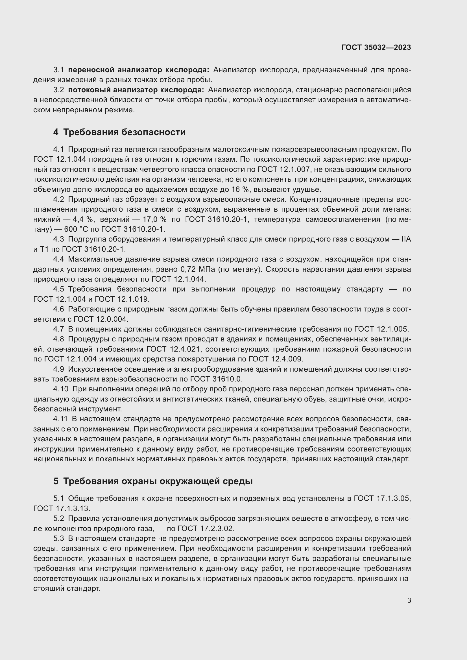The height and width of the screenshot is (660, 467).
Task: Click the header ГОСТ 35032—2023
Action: tap(376, 48)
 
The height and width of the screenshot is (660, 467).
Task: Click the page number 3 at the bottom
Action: tap(409, 600)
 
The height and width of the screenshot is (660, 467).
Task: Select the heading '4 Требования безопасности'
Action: tap(119, 132)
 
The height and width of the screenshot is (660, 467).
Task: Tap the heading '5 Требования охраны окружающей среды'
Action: tap(153, 481)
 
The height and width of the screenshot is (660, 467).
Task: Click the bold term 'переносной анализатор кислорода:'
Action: tap(139, 70)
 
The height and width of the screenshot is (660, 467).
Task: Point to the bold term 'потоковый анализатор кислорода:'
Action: tap(136, 90)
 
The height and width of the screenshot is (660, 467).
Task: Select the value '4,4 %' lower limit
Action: tap(83, 219)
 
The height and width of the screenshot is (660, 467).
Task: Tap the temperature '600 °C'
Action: tap(77, 229)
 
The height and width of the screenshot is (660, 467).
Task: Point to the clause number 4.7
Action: tap(58, 329)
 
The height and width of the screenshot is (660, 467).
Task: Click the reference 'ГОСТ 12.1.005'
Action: tap(381, 329)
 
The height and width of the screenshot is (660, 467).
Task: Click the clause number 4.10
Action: tap(61, 389)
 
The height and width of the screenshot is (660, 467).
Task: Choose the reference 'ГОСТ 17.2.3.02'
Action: tap(206, 529)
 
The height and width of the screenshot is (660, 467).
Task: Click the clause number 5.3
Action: tap(58, 538)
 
